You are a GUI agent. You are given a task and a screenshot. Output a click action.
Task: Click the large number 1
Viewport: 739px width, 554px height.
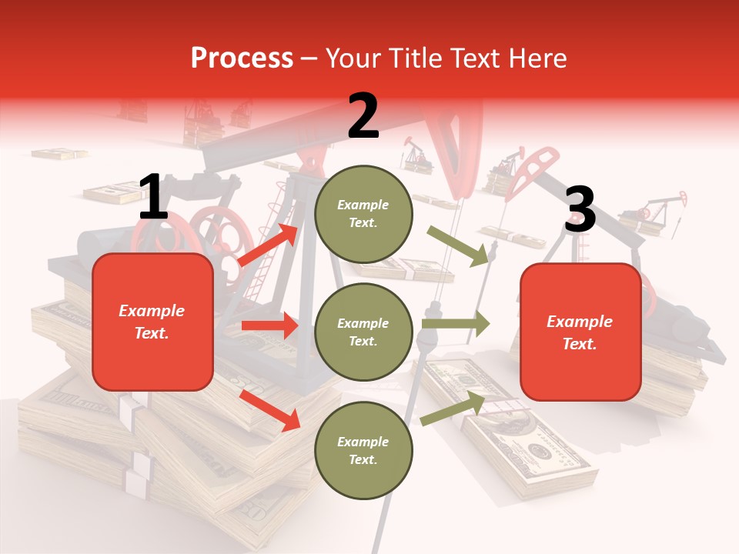point(153,198)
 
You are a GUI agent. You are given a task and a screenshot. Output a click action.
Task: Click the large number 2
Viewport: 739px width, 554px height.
point(363,116)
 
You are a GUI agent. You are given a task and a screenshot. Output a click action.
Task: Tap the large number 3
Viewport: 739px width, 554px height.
point(580,210)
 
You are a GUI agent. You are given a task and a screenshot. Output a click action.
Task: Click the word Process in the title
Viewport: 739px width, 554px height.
point(242,58)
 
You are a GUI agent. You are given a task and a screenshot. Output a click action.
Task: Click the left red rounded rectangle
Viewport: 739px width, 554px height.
point(152,322)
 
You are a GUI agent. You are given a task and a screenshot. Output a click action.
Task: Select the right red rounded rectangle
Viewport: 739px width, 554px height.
point(580,332)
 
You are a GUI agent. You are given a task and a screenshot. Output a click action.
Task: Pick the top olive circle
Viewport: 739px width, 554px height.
point(363,213)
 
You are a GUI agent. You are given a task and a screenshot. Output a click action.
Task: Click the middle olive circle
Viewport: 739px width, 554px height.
point(363,332)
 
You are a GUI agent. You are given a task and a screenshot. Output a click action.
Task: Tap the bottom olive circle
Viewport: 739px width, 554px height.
point(363,450)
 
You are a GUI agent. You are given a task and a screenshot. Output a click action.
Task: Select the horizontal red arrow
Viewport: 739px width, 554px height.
point(269,325)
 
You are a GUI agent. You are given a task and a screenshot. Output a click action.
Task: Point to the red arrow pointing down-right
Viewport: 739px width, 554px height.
point(270,409)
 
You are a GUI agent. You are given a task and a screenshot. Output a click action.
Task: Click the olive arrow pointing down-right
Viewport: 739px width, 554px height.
point(459,245)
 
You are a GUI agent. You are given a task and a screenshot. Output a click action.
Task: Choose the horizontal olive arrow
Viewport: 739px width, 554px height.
point(455,324)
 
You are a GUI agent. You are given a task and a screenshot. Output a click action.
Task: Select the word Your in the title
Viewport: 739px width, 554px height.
point(352,58)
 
